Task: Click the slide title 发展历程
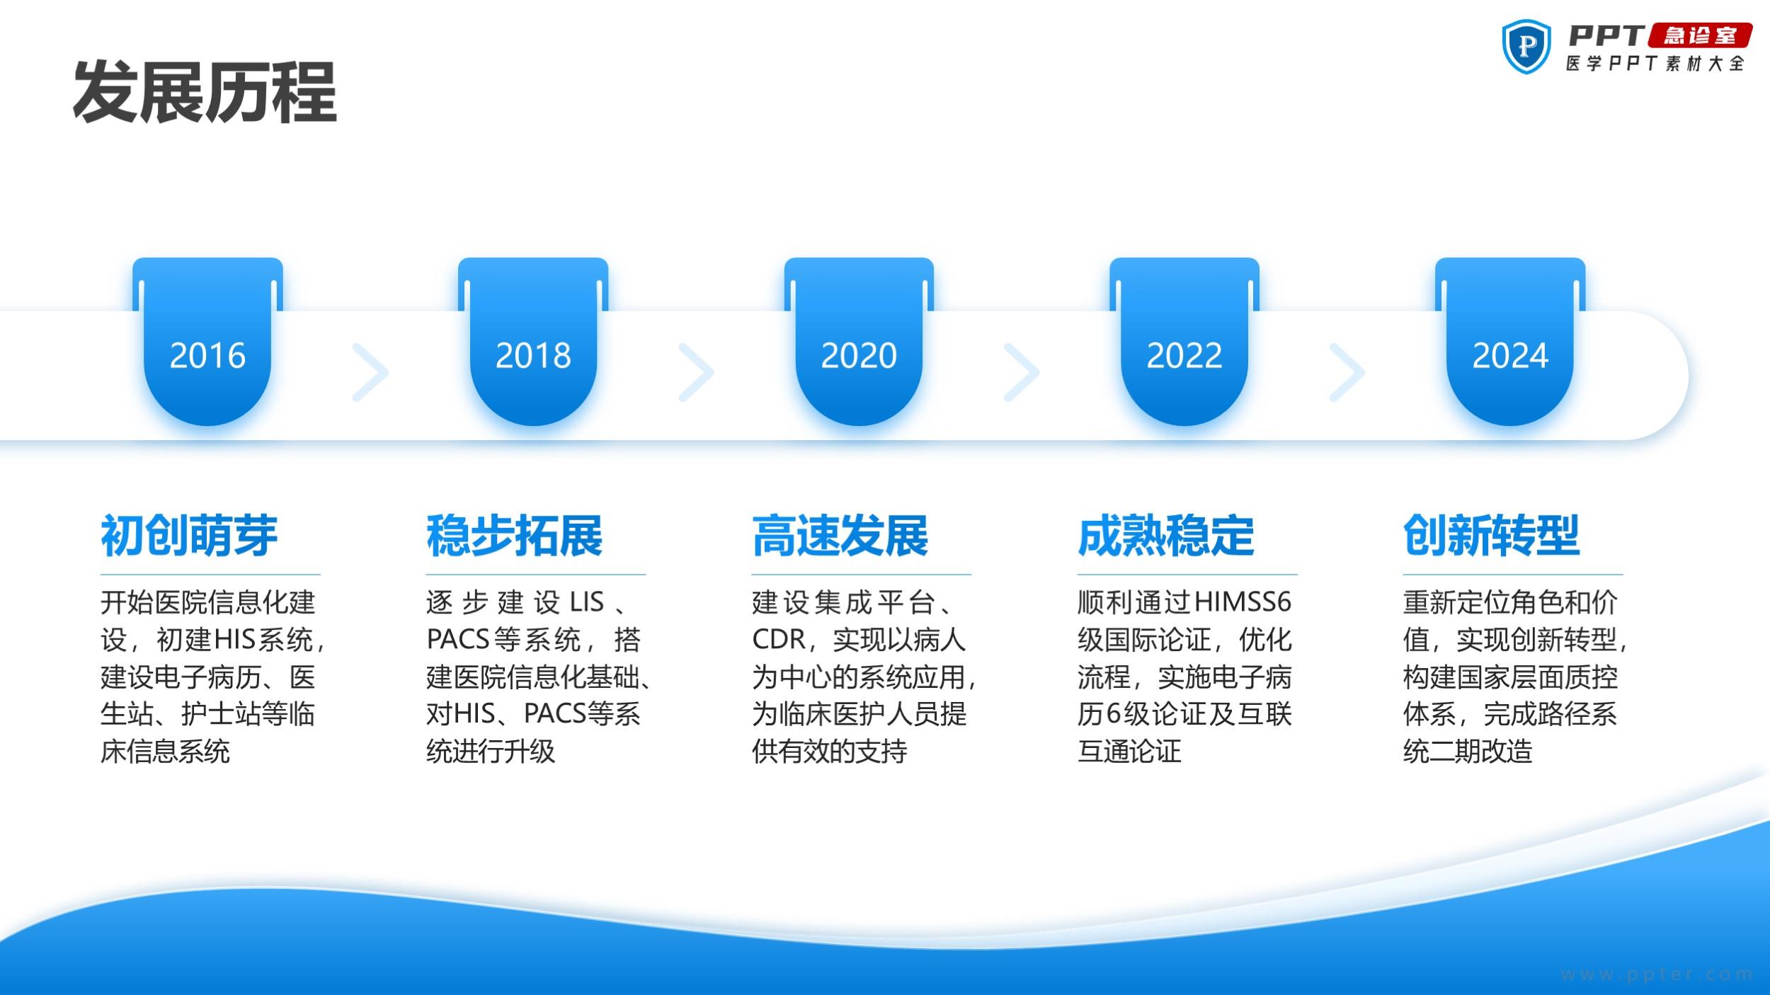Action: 205,93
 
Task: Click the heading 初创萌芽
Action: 189,536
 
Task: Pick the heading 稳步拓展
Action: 515,536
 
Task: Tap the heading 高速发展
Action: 840,536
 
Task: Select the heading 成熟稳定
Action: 1166,536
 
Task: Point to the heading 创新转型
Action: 1492,536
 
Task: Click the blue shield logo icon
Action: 1526,47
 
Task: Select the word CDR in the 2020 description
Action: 779,640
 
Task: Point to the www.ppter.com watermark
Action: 1657,974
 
